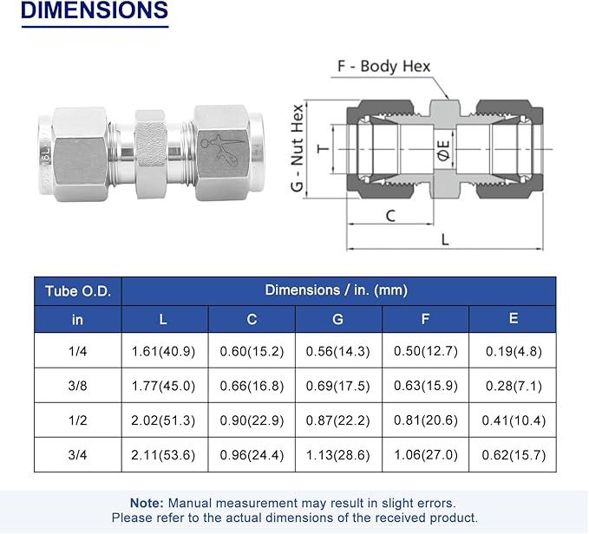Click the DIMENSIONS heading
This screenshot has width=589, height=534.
[x=95, y=10]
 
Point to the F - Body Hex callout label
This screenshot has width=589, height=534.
[x=383, y=66]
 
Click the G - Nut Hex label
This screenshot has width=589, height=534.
[x=297, y=148]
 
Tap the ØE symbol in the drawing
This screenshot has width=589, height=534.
[x=443, y=150]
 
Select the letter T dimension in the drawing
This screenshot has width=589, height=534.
[x=323, y=148]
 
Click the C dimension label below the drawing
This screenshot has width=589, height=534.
[x=390, y=216]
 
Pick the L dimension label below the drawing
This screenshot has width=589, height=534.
[x=445, y=239]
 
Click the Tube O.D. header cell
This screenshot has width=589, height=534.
[x=78, y=291]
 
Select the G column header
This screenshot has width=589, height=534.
[x=338, y=319]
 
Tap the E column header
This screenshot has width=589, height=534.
[x=514, y=319]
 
